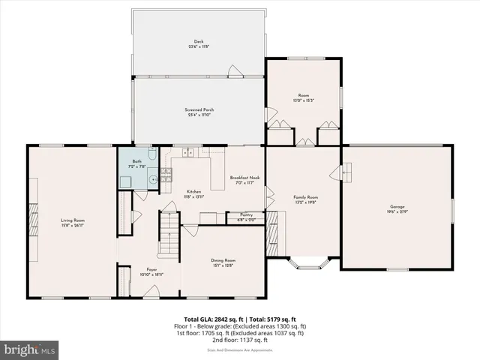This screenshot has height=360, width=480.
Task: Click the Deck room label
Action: (x=199, y=41)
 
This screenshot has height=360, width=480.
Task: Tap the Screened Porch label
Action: (x=199, y=110)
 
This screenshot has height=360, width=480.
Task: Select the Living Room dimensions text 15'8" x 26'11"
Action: (x=73, y=224)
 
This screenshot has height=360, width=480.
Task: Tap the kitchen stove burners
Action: (x=167, y=176)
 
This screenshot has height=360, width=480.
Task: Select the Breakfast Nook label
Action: (x=244, y=178)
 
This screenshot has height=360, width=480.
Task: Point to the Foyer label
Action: (x=151, y=270)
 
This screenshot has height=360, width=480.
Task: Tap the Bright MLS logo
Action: (x=30, y=349)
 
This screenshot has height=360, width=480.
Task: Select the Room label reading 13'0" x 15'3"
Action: (x=302, y=100)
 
